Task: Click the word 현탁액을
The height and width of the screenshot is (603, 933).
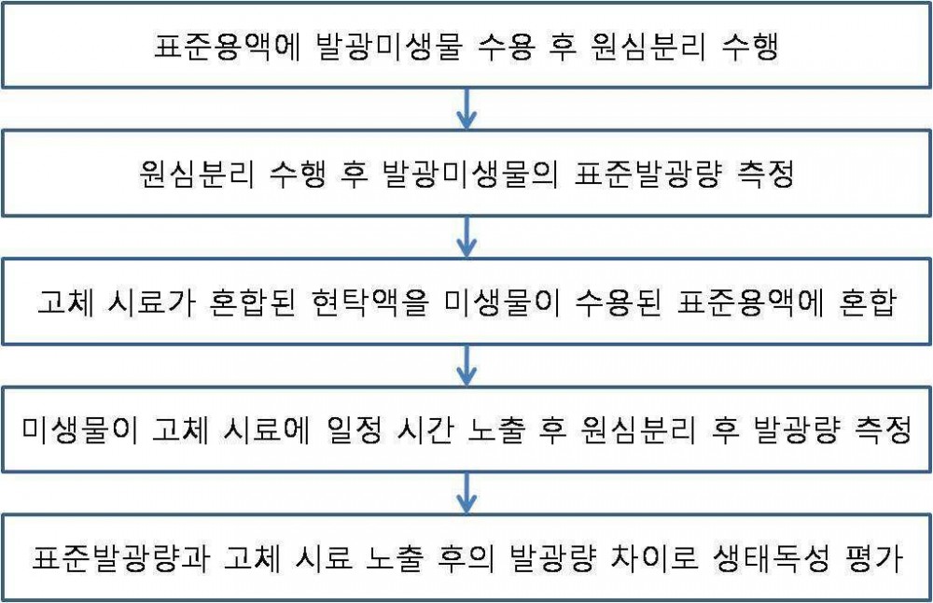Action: click(x=369, y=301)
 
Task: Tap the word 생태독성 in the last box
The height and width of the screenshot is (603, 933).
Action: click(x=771, y=557)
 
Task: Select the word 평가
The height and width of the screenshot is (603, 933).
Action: click(x=873, y=557)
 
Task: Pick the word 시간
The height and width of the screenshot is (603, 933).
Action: click(x=425, y=429)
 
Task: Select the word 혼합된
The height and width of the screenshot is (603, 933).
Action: click(x=253, y=301)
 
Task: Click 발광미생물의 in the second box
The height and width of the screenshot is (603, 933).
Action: click(x=470, y=174)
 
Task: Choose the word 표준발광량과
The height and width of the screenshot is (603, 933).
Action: click(x=120, y=557)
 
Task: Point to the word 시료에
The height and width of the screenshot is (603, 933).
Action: click(x=267, y=429)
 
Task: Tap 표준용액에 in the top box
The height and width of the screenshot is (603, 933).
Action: click(x=227, y=47)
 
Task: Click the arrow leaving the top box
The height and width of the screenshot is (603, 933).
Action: click(x=466, y=109)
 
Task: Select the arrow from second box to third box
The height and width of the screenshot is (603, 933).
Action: click(x=466, y=237)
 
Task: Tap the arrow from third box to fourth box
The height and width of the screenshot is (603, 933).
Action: click(x=466, y=365)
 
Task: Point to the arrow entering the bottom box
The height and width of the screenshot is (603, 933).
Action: click(x=466, y=493)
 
